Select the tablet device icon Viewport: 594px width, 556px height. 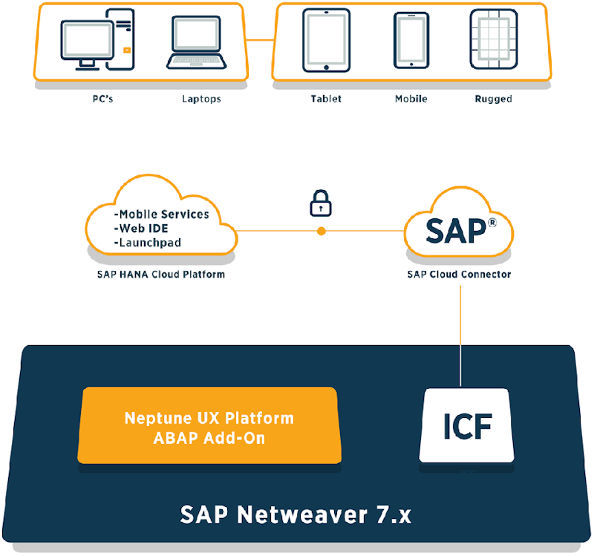pos(326,40)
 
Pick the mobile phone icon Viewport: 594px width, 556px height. pos(411,42)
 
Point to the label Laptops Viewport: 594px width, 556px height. pos(201,99)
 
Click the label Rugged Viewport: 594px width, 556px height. pos(493,99)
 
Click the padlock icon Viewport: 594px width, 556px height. pos(321,203)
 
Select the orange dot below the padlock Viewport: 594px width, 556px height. pos(321,231)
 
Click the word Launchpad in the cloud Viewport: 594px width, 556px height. pos(149,242)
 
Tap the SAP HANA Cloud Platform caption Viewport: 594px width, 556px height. pos(160,274)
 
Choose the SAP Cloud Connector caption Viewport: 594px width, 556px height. pos(458,274)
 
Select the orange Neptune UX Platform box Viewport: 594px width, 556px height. pos(209,428)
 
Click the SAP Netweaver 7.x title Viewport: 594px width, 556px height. pos(296,514)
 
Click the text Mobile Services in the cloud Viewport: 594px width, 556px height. pos(163,214)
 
